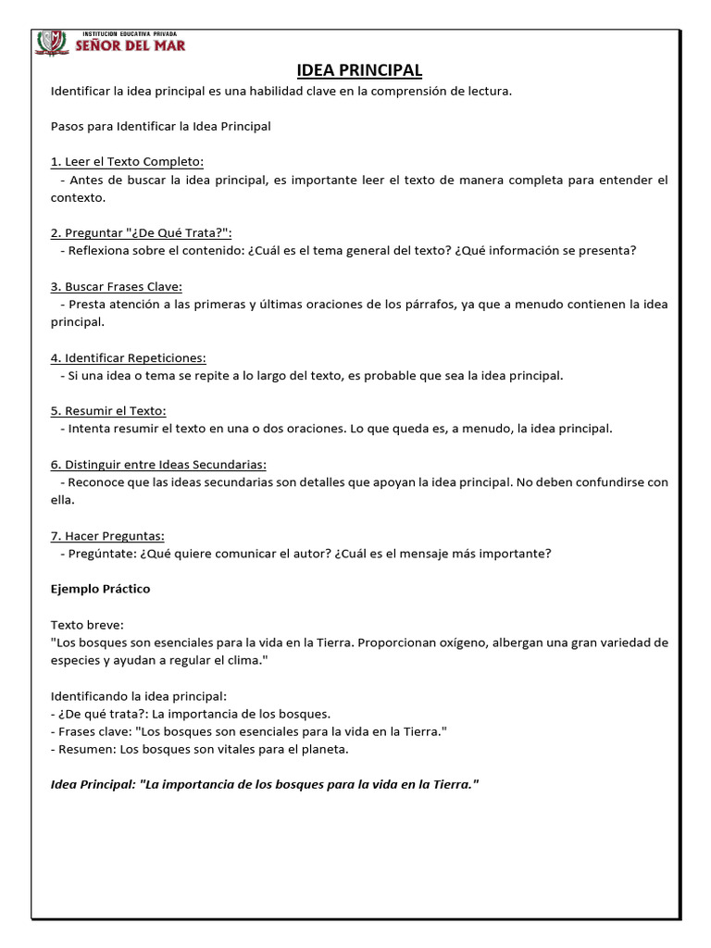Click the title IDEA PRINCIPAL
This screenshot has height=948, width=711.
(359, 70)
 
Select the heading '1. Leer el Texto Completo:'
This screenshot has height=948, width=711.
(127, 162)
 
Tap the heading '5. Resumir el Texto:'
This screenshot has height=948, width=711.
(108, 410)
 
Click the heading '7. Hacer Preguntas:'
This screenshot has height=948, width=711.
(107, 535)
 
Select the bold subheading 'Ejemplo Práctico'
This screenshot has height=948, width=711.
(100, 589)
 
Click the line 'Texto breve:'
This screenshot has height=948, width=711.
(85, 625)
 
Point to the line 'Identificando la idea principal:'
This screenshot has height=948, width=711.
(138, 695)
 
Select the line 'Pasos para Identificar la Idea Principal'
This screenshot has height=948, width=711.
(160, 126)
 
